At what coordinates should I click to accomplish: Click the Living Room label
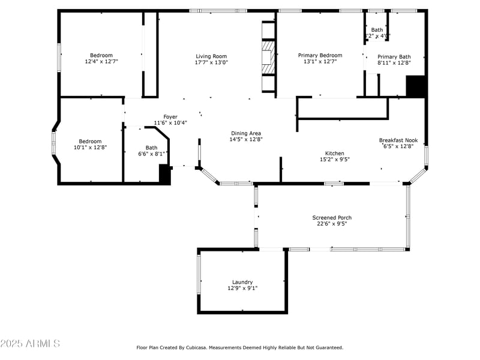click(x=211, y=56)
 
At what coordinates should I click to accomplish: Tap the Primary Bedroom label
click(x=320, y=55)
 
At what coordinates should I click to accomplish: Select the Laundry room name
click(x=242, y=282)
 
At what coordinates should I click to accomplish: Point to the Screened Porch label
click(x=332, y=217)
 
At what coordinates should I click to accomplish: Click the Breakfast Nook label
click(x=398, y=140)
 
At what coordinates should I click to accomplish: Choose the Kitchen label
click(x=335, y=153)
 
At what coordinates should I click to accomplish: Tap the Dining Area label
click(x=247, y=133)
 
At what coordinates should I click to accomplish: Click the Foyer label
click(x=170, y=116)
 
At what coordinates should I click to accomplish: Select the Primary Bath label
click(x=394, y=56)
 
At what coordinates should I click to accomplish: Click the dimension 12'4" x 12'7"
click(x=101, y=61)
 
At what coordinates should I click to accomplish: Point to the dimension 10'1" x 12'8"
click(x=90, y=147)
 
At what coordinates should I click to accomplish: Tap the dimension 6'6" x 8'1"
click(x=151, y=154)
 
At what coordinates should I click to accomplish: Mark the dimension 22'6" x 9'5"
click(x=332, y=224)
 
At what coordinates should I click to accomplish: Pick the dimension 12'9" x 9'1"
click(x=242, y=288)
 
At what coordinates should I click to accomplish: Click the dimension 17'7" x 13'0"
click(x=211, y=62)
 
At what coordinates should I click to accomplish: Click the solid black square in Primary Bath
click(x=415, y=86)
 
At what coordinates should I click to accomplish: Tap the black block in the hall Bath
click(x=165, y=175)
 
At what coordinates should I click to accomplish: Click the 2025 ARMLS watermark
click(x=30, y=344)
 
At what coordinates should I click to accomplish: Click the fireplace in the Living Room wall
click(x=268, y=57)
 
